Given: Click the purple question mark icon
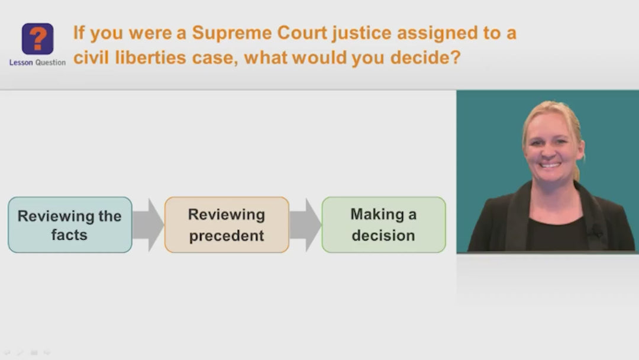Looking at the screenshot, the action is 37,38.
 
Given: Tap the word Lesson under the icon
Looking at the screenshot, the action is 21,62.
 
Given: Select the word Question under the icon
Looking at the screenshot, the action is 50,62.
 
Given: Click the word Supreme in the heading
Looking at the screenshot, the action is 232,33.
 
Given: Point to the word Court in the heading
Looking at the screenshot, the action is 302,33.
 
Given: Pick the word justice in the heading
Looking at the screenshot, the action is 362,33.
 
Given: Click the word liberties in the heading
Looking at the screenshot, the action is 150,57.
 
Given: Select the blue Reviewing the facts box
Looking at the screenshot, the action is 70,224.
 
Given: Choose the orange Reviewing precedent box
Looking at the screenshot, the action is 227,224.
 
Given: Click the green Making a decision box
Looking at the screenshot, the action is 384,224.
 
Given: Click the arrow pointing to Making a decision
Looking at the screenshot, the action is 305,224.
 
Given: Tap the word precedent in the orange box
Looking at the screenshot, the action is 227,236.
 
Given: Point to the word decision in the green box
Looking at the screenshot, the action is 383,235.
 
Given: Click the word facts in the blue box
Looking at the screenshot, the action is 69,235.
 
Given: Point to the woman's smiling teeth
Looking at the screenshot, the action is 550,165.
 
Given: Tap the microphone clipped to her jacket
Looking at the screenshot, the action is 597,231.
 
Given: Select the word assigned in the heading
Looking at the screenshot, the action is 437,33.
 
